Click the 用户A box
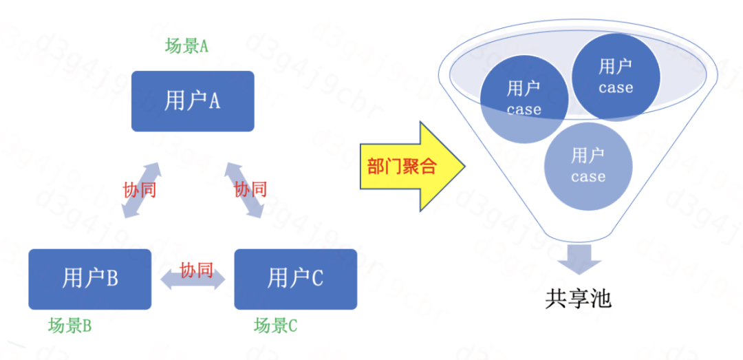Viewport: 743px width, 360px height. [x=193, y=101]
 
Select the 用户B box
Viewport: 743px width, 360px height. [x=89, y=279]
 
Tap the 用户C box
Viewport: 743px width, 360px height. [x=296, y=279]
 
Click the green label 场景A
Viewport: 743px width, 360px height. [x=186, y=46]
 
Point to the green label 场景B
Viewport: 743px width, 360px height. [x=69, y=326]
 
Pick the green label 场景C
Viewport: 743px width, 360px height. [x=275, y=326]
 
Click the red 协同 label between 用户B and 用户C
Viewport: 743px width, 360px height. [x=196, y=270]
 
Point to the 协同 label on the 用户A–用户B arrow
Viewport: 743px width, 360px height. [x=140, y=190]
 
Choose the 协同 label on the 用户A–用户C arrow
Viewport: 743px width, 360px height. [x=250, y=189]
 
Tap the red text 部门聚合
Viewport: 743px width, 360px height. [x=402, y=166]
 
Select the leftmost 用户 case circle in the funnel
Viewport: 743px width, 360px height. [x=524, y=98]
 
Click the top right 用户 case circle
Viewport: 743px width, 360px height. [x=616, y=76]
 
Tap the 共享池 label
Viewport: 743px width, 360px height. [x=578, y=299]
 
